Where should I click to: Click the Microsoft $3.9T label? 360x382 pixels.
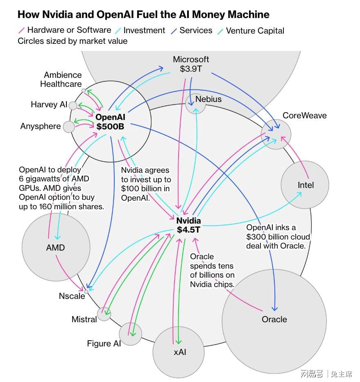pyautogui.click(x=191, y=64)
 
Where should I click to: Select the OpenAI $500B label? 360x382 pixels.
pyautogui.click(x=110, y=122)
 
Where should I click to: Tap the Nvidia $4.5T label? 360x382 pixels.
pyautogui.click(x=189, y=225)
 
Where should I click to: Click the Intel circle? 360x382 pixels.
pyautogui.click(x=305, y=185)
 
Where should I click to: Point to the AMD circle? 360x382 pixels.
pyautogui.click(x=56, y=247)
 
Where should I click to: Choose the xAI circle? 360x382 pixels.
pyautogui.click(x=179, y=352)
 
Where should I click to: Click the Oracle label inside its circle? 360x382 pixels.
pyautogui.click(x=274, y=319)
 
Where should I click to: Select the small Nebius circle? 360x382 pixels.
pyautogui.click(x=195, y=104)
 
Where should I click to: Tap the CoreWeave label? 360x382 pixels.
pyautogui.click(x=304, y=115)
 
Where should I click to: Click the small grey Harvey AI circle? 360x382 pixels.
pyautogui.click(x=73, y=106)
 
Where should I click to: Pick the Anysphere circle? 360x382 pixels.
pyautogui.click(x=69, y=127)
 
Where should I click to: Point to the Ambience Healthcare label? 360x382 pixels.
pyautogui.click(x=61, y=79)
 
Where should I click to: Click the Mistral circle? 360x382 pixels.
pyautogui.click(x=104, y=314)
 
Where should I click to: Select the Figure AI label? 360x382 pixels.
pyautogui.click(x=104, y=344)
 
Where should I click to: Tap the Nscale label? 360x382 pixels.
pyautogui.click(x=72, y=296)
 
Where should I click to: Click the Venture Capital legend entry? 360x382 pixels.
pyautogui.click(x=251, y=31)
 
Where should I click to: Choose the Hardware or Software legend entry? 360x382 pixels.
pyautogui.click(x=65, y=30)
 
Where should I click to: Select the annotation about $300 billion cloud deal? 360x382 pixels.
pyautogui.click(x=278, y=237)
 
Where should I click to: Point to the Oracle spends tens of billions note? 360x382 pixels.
pyautogui.click(x=212, y=270)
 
